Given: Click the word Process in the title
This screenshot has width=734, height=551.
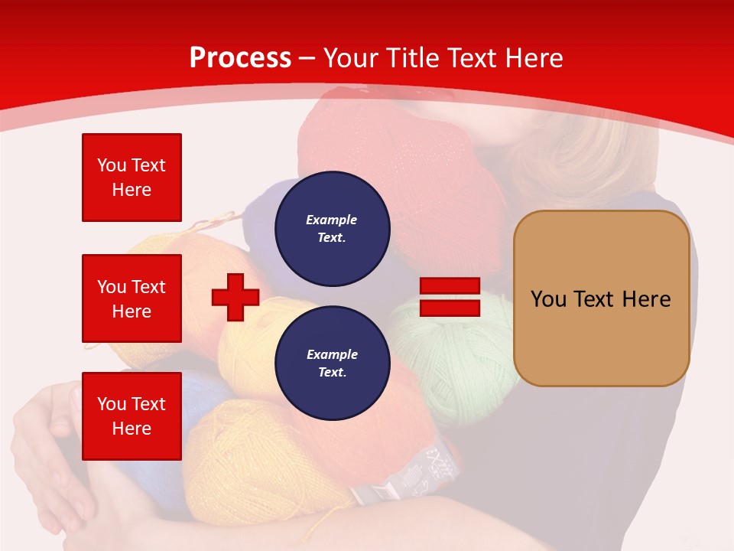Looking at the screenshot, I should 240,58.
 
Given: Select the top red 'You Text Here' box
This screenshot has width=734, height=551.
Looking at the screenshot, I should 132,178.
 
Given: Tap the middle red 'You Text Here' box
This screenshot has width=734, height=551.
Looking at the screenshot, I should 132,298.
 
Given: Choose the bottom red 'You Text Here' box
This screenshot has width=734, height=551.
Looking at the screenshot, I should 132,416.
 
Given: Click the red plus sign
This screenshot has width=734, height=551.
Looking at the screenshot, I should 235,298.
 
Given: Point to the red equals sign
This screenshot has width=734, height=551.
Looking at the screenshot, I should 450,298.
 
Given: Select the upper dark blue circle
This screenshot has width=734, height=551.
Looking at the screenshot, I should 332,229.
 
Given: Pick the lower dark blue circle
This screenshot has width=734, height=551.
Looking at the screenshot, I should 332,364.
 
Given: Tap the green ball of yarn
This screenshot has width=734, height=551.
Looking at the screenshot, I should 451,360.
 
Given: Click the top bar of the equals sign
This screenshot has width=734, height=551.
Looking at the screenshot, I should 450,286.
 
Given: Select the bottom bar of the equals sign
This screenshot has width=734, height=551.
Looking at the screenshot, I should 450,308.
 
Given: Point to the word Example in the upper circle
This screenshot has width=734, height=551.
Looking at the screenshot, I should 332,220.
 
